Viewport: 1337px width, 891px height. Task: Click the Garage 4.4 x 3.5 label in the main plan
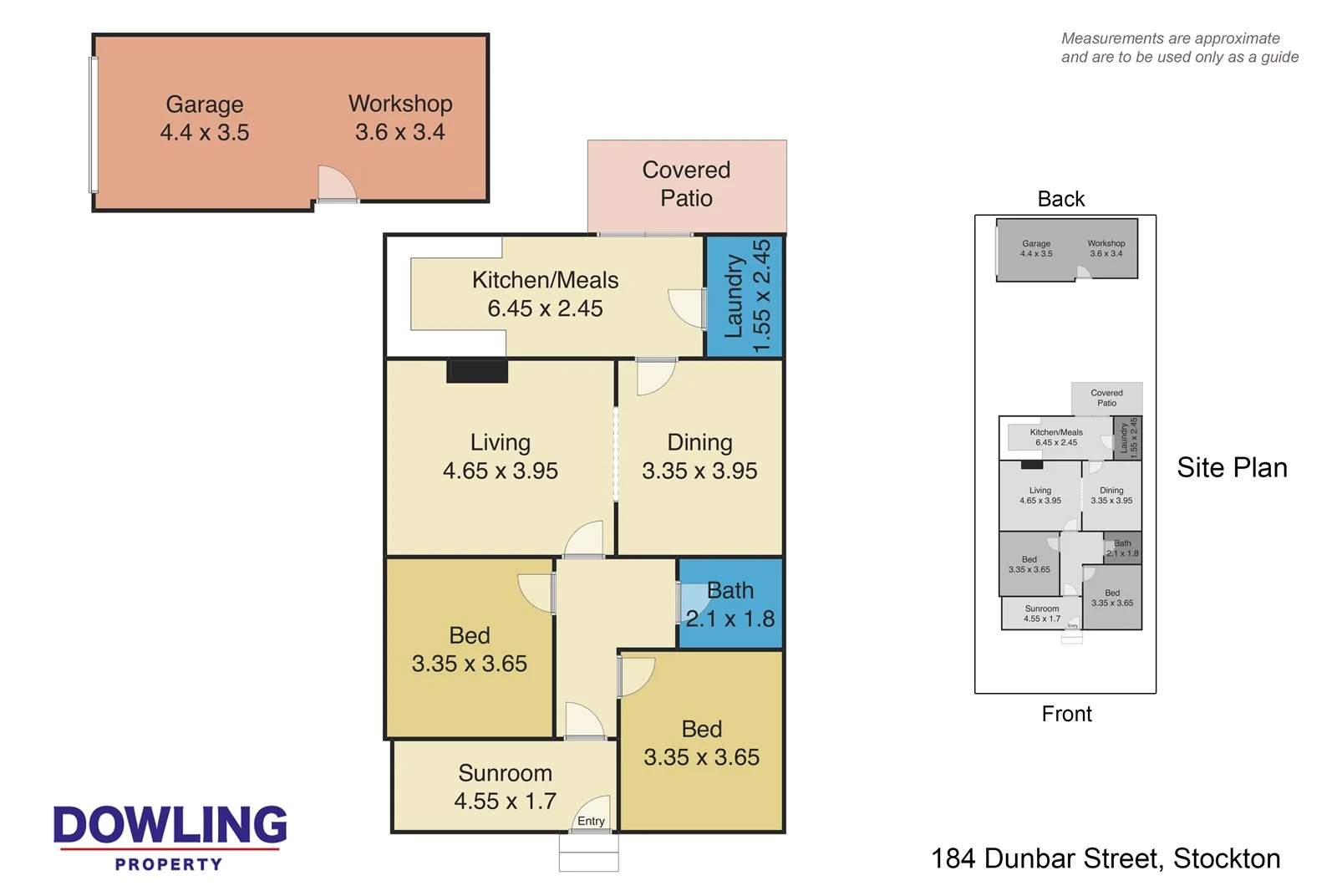205,118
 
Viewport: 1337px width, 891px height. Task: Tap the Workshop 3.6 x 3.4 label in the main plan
400,117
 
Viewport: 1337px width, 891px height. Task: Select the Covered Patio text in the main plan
686,184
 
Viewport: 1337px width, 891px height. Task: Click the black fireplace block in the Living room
477,371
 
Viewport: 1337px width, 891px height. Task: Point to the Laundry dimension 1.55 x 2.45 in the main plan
761,297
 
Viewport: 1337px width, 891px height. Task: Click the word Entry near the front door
591,821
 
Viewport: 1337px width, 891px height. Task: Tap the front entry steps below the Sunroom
589,853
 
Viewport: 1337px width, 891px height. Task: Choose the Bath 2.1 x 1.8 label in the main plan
730,604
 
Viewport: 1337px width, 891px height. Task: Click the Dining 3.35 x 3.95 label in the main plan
699,456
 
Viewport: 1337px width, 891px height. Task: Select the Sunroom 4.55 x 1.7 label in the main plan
505,787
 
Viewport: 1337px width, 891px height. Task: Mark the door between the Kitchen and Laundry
688,308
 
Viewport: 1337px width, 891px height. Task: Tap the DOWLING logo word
170,825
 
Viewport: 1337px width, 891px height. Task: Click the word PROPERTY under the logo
169,864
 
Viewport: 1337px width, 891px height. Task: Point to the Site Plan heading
1232,468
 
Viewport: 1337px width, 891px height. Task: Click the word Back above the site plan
1060,199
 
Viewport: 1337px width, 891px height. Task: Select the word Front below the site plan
1066,714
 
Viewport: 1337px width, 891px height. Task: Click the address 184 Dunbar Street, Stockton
1105,858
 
